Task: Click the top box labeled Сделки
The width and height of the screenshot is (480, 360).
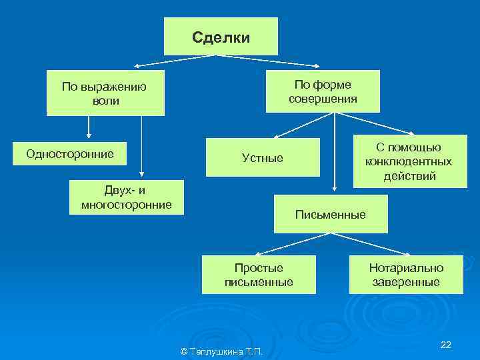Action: (221, 37)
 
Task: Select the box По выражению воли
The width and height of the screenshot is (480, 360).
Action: (105, 94)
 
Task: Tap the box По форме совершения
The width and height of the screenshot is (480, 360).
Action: (323, 92)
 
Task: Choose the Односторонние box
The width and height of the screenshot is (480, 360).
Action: (70, 155)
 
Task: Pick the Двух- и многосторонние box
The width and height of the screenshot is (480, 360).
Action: (126, 197)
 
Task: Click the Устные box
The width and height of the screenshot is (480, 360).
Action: (262, 158)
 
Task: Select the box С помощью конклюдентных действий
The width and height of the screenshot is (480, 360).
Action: (408, 161)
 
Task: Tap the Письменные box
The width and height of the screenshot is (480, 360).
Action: (330, 215)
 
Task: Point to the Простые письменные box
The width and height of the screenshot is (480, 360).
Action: (259, 275)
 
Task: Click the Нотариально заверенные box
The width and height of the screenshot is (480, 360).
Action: (406, 275)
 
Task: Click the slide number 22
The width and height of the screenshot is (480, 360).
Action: (446, 344)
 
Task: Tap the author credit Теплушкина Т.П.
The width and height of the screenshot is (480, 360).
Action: (222, 351)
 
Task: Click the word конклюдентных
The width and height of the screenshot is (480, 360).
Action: (408, 162)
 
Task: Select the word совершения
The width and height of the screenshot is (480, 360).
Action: (323, 99)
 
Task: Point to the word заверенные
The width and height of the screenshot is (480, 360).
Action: (406, 282)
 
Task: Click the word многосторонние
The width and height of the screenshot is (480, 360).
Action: (126, 204)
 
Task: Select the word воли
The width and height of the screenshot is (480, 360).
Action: (105, 101)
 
